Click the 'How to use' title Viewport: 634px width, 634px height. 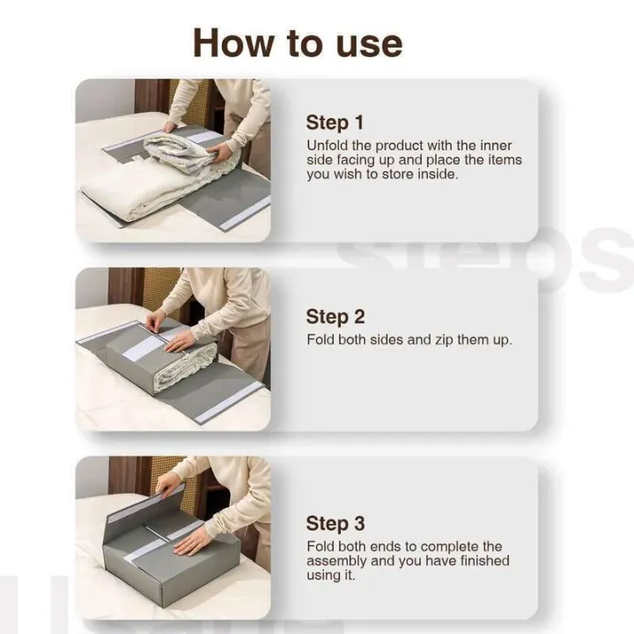click(298, 41)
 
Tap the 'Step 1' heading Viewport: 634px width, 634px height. click(335, 122)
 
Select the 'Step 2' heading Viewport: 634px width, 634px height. click(335, 317)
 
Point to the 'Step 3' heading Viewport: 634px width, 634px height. click(335, 523)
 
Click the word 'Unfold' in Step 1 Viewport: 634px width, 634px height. click(327, 145)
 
